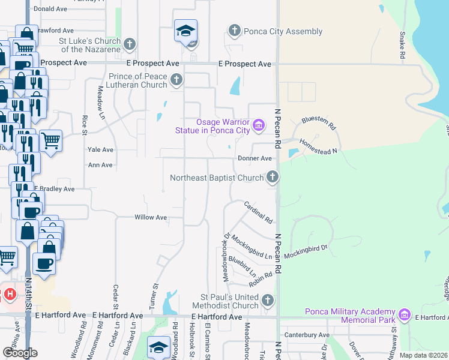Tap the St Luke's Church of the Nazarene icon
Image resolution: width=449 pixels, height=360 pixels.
coord(130,44)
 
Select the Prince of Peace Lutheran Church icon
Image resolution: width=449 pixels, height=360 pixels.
coord(176,79)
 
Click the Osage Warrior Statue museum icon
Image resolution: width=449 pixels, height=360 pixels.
coord(258,125)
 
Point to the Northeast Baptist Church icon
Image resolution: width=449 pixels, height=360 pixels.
coord(273,176)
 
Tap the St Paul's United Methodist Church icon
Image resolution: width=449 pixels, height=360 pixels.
coord(268,300)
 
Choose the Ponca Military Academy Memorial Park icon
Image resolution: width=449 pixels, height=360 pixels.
coord(405,314)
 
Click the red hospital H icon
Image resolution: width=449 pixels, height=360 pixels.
coord(10,295)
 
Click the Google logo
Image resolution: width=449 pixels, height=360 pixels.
coord(20,353)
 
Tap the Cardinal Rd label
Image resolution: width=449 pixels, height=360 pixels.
coord(258,212)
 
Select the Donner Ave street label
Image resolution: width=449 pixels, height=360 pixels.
coord(255,158)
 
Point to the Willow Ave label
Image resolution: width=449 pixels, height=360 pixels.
coord(151,217)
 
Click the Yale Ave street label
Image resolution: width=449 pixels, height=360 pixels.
coord(100,150)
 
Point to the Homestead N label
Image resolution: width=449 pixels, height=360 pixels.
coord(323,148)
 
